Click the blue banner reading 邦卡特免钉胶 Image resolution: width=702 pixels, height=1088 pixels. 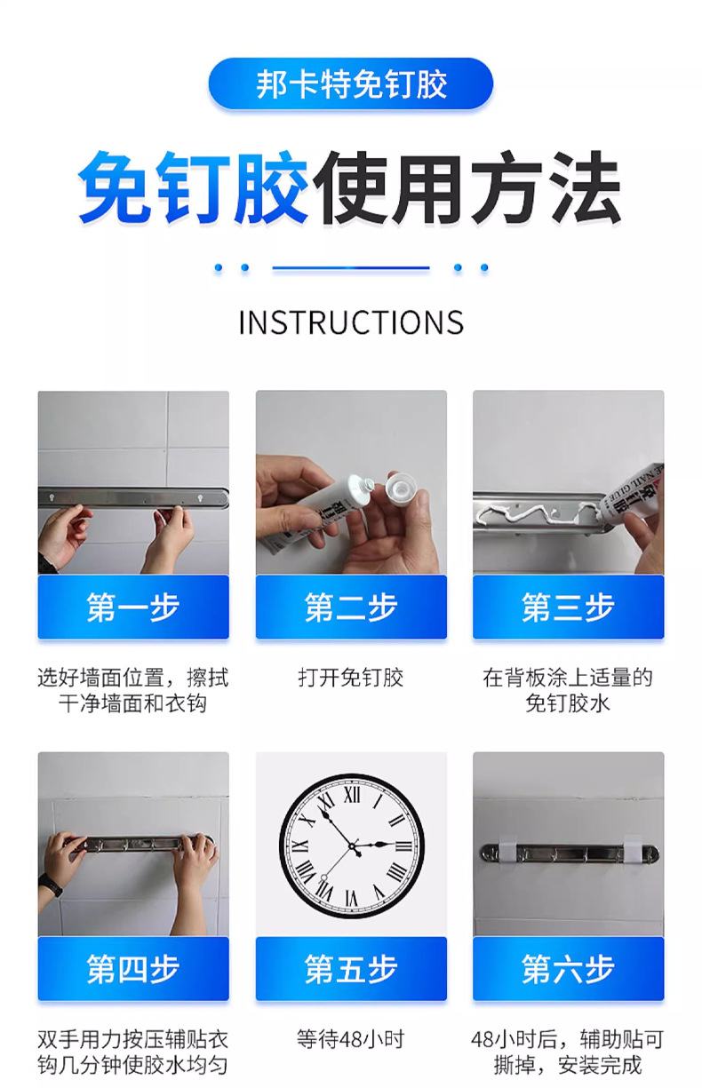coord(350,84)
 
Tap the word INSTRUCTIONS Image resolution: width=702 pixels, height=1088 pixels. coord(350,322)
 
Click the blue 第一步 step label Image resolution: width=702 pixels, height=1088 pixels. coord(133,608)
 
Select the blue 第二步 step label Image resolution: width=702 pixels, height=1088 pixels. coord(350,608)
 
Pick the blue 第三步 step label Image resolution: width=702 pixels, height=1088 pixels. coord(568,608)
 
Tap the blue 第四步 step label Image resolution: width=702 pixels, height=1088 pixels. coord(133,969)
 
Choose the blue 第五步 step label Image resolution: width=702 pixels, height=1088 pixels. coord(350,969)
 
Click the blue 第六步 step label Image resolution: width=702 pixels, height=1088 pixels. coord(568,969)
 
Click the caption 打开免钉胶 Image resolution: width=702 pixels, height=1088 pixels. coord(350,679)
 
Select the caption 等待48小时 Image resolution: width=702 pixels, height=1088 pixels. coord(350,1039)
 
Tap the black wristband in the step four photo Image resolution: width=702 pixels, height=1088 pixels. coord(51,885)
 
